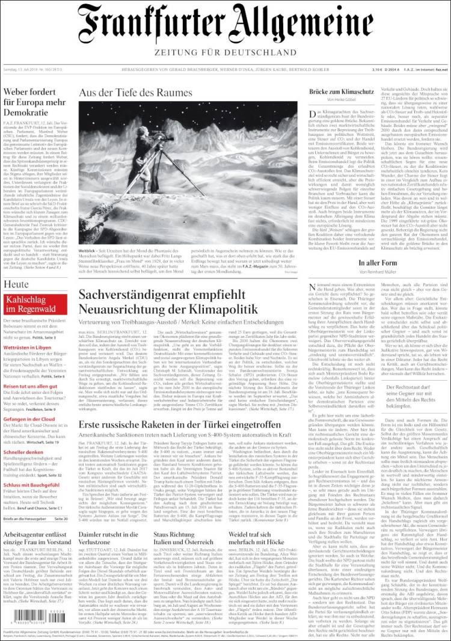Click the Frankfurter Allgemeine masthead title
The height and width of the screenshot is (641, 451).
(x=225, y=25)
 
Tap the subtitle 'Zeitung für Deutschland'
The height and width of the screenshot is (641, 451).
(x=225, y=52)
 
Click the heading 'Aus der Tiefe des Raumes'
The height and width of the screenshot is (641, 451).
(x=135, y=93)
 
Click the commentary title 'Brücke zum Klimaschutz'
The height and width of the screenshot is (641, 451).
(x=342, y=91)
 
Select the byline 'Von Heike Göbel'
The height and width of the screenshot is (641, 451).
(x=342, y=100)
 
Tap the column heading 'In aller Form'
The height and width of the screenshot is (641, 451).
(x=379, y=263)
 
